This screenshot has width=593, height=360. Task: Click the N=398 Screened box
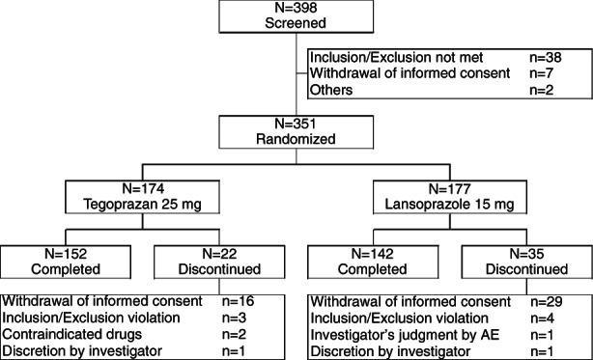tap(296, 16)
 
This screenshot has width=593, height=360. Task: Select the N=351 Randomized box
tap(296, 129)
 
